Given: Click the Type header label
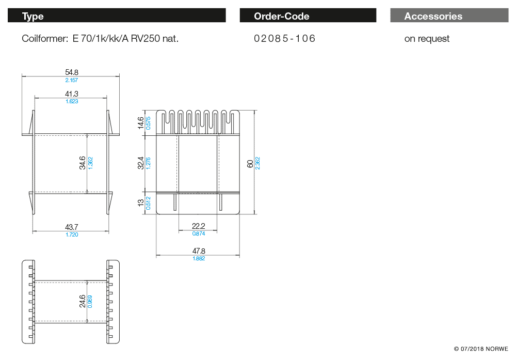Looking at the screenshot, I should click(x=33, y=16).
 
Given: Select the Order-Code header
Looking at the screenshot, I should click(x=281, y=16).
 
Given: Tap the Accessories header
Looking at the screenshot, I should click(x=433, y=16).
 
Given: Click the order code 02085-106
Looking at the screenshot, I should click(x=284, y=39).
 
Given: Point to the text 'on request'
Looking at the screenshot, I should click(x=427, y=39).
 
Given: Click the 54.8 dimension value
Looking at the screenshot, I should click(x=72, y=73).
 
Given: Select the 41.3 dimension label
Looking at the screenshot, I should click(x=72, y=94).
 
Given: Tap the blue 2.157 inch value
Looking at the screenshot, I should click(x=72, y=80).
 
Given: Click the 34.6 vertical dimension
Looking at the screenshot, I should click(x=83, y=163).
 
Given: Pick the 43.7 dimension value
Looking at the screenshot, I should click(x=71, y=227).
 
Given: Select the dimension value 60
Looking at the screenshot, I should click(x=250, y=163).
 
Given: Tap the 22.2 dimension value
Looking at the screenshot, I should click(x=199, y=226).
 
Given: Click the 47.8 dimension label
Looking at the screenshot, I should click(x=199, y=251).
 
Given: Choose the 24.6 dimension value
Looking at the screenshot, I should click(x=83, y=301).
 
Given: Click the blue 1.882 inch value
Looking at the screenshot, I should click(x=199, y=258).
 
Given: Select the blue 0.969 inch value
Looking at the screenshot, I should click(x=90, y=301).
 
